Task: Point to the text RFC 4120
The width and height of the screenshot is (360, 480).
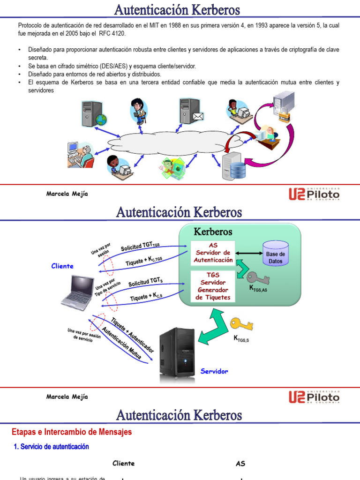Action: tap(112, 34)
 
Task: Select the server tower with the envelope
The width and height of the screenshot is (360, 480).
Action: tap(190, 111)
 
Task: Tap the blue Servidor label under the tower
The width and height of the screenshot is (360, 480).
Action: tap(214, 371)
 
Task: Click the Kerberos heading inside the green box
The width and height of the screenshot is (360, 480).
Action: tap(213, 232)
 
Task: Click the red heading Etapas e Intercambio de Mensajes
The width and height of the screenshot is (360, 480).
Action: tap(72, 432)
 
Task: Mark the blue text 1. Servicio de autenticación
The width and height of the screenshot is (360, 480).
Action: tap(52, 447)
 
